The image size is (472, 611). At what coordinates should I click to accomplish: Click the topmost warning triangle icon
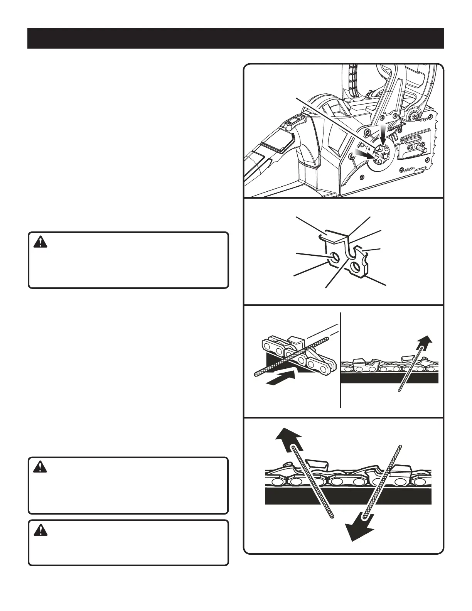tap(40, 242)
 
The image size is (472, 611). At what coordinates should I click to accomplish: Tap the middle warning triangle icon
tap(40, 468)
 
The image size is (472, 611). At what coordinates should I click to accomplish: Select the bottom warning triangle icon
tap(40, 531)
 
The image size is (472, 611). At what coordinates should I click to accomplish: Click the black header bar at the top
tap(236, 38)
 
